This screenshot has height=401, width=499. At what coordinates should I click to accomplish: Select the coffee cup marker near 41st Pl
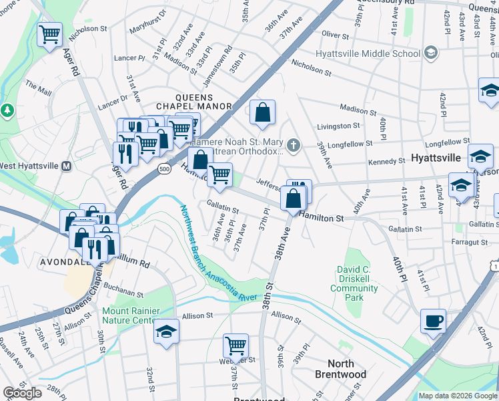point(433,321)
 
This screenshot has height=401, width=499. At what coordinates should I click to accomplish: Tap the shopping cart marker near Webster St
point(235,346)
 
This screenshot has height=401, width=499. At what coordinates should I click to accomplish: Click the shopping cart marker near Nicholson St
point(50,35)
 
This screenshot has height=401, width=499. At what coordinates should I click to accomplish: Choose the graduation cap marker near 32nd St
point(166,332)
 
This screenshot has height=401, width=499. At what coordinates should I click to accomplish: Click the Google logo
point(22,393)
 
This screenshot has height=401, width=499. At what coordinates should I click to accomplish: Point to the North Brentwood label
point(341,369)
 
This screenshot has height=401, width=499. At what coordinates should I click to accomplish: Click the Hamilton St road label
point(321,218)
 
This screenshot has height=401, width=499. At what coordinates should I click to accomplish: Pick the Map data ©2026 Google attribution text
point(458,396)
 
